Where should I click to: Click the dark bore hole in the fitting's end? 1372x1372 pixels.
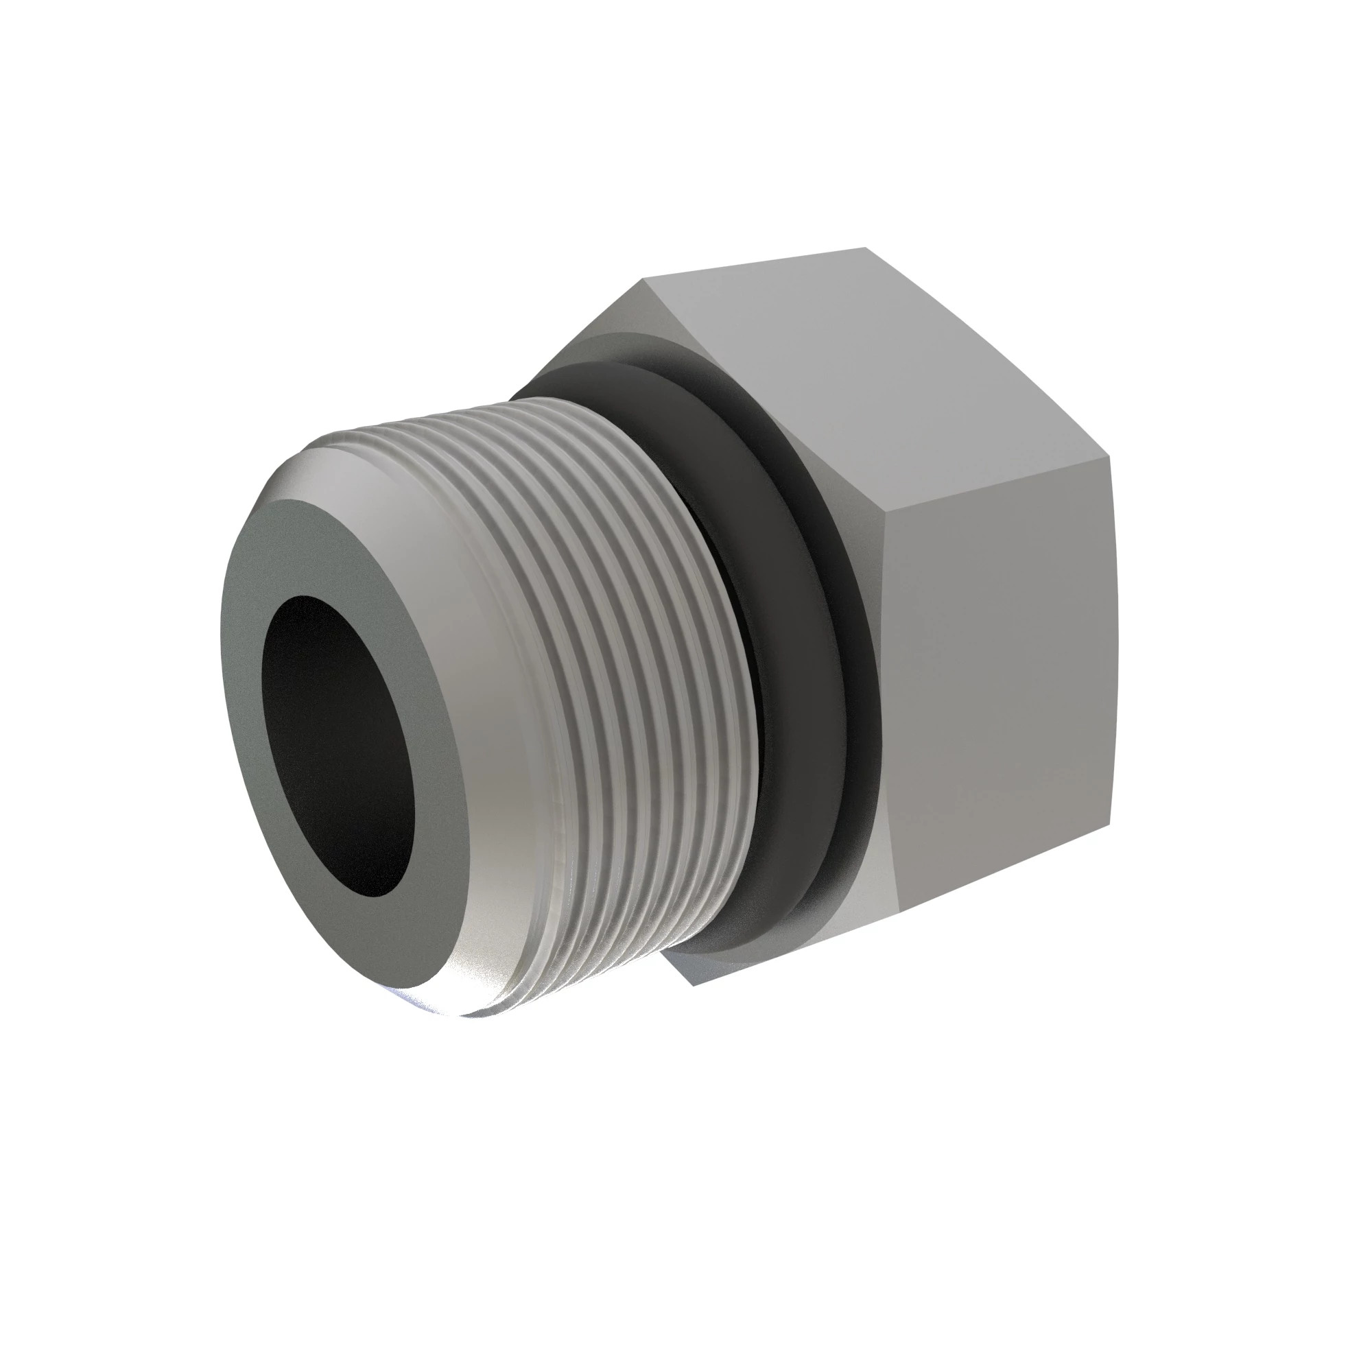[338, 746]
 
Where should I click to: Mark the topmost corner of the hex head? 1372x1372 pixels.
[865, 248]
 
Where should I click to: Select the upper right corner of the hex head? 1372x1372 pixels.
[1110, 458]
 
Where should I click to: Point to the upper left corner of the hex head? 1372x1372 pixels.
[643, 279]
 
